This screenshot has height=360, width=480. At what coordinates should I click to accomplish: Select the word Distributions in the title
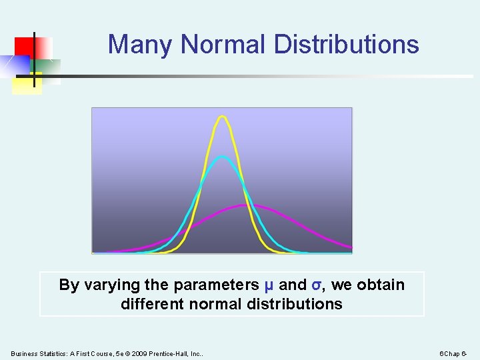coord(346,45)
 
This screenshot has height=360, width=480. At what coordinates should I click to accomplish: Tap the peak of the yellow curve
coord(223,117)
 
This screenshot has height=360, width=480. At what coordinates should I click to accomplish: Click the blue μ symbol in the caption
coord(269,285)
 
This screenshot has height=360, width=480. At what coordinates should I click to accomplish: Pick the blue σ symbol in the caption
coord(317,285)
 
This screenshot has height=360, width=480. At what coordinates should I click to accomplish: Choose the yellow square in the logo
coord(27,84)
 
